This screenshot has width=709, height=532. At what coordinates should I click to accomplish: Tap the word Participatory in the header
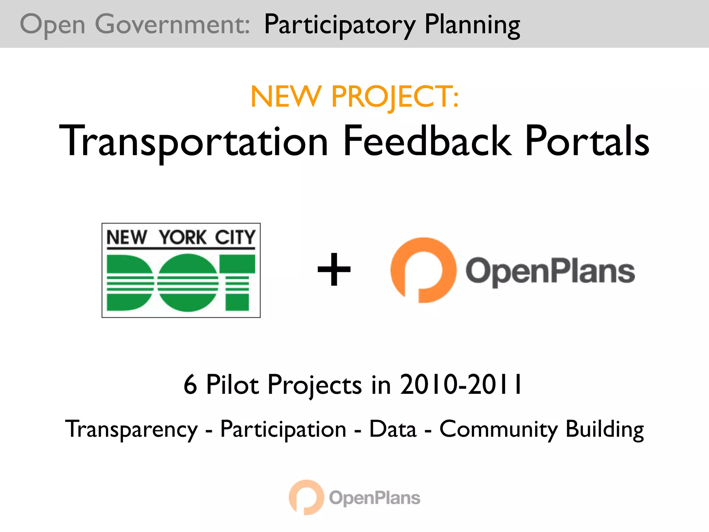(x=340, y=25)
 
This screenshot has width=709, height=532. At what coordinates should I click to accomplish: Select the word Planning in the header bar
(x=472, y=25)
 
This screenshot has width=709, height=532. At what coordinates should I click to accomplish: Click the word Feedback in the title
(x=427, y=141)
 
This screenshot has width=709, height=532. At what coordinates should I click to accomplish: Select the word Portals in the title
(x=587, y=141)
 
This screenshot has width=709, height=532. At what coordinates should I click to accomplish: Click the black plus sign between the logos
(x=334, y=269)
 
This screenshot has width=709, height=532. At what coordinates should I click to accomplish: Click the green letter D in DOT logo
(x=130, y=282)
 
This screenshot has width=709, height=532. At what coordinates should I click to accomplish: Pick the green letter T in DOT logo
(x=237, y=282)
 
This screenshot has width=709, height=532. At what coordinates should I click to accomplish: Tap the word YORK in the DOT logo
(x=182, y=238)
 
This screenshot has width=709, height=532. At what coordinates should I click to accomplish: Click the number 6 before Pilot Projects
(x=190, y=384)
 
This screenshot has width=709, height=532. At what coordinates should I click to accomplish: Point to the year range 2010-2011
(x=461, y=384)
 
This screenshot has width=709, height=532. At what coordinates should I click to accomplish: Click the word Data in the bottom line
(x=393, y=429)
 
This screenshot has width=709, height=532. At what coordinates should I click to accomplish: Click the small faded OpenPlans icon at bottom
(x=306, y=497)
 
